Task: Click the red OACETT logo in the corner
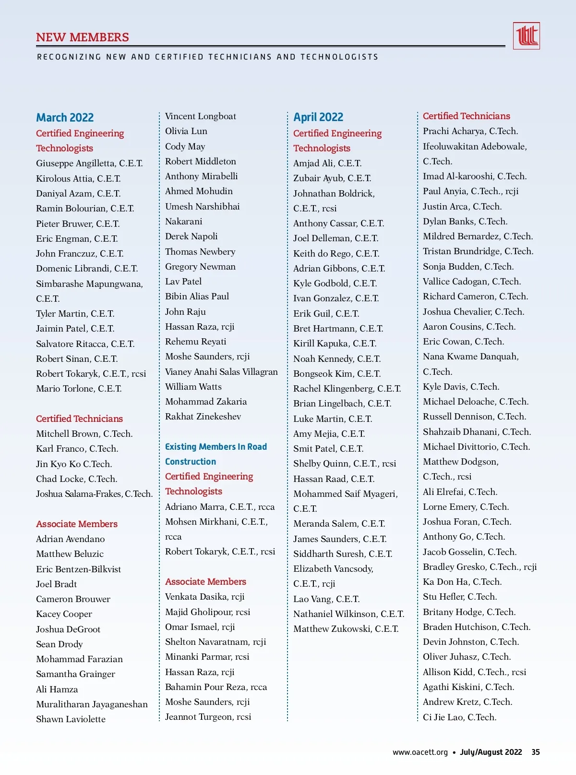point(526,36)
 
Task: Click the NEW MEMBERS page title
point(83,37)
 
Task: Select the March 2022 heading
point(65,118)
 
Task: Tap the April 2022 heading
point(318,117)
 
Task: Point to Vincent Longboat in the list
point(201,116)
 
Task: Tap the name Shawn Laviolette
point(71,719)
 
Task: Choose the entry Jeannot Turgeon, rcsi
point(208,717)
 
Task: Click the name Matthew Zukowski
point(346,629)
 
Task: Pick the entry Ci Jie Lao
point(459,717)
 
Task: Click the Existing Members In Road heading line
point(216,447)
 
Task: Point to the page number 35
point(536,752)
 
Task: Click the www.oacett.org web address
point(420,752)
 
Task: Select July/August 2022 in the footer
point(491,752)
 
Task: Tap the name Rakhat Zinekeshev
point(203,417)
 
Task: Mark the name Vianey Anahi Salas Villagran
point(221,372)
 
